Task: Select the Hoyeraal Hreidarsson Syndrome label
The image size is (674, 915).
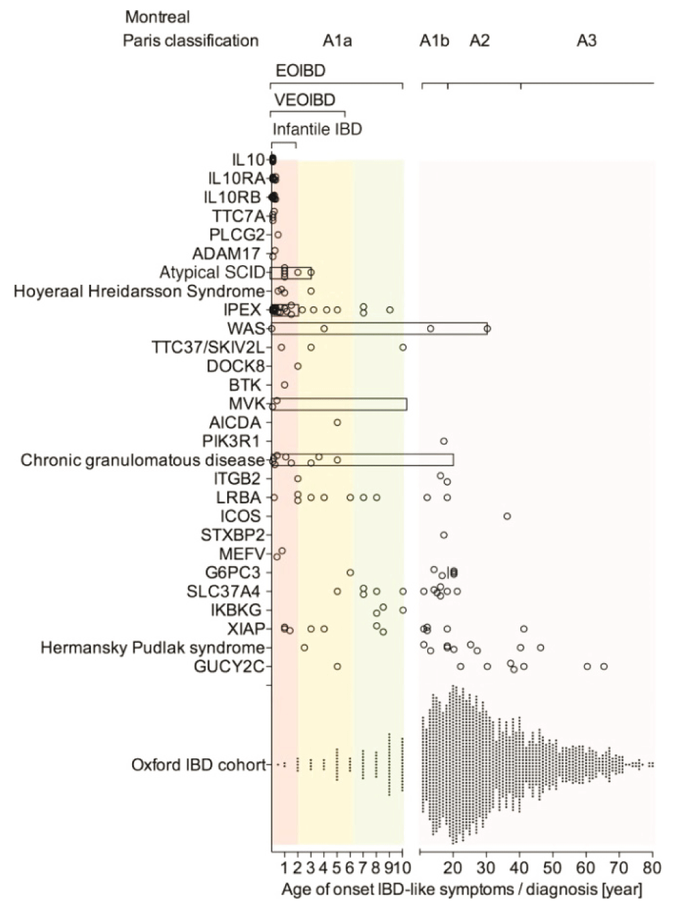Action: click(139, 292)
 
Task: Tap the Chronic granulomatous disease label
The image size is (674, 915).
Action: click(142, 460)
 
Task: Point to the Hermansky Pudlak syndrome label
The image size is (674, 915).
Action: click(152, 648)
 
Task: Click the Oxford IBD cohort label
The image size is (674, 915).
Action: click(198, 765)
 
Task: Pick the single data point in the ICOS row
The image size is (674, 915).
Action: click(507, 516)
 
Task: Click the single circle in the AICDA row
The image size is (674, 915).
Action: click(337, 422)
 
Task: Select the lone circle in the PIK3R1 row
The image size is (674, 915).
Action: click(443, 441)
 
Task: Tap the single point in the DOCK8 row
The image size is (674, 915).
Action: click(298, 366)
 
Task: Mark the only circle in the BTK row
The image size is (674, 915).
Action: click(284, 385)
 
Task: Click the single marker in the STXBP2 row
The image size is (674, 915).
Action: click(443, 535)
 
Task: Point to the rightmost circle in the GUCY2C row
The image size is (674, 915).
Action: click(604, 667)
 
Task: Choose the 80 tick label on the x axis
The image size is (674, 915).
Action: click(652, 867)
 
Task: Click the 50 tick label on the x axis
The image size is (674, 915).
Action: click(553, 867)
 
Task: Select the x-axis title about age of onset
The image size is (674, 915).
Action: click(462, 889)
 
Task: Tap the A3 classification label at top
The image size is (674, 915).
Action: click(586, 41)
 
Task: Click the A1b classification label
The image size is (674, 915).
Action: click(434, 41)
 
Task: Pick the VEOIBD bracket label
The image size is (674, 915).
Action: click(305, 101)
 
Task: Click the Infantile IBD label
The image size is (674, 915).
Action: click(317, 129)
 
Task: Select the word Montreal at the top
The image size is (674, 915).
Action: click(158, 17)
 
